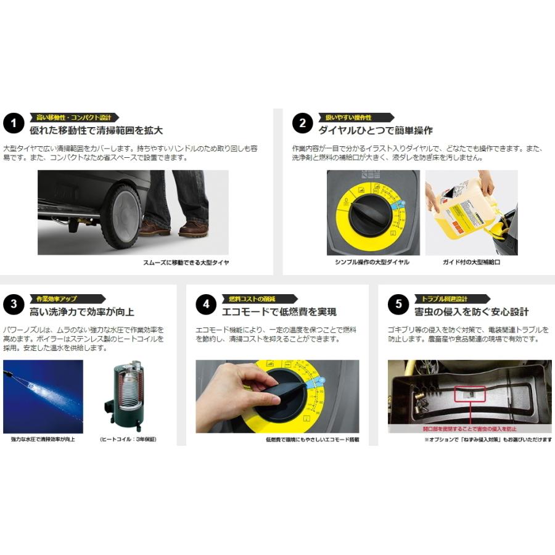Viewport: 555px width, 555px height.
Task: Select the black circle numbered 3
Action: click(x=14, y=305)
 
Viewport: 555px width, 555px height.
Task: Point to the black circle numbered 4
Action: click(x=206, y=305)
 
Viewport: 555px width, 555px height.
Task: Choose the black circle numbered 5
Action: click(x=398, y=305)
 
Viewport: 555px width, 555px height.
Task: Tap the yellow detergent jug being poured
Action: click(x=459, y=206)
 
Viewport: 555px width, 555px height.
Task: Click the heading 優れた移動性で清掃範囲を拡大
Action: click(x=96, y=131)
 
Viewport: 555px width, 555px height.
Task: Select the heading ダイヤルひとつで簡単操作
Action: click(x=376, y=131)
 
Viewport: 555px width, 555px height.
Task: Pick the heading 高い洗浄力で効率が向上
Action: click(x=82, y=311)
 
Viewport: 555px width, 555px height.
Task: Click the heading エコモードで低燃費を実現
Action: click(x=275, y=311)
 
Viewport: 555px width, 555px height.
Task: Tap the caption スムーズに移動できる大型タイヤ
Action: click(x=186, y=263)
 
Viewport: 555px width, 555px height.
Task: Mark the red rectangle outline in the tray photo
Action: click(x=470, y=395)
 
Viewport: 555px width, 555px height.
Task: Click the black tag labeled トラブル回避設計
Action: click(x=453, y=298)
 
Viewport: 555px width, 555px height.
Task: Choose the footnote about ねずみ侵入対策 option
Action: click(x=488, y=440)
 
